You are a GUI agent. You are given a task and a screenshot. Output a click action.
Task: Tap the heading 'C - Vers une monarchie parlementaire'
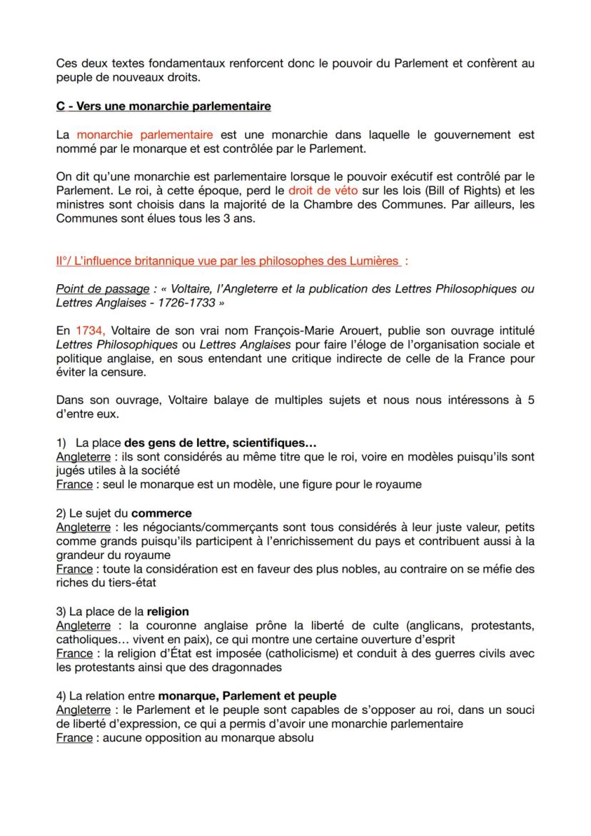click(x=163, y=106)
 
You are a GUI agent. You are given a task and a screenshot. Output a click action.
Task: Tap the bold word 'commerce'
click(x=161, y=513)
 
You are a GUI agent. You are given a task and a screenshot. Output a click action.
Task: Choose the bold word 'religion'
click(x=168, y=611)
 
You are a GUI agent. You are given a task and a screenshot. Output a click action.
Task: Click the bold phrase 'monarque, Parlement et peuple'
click(x=247, y=695)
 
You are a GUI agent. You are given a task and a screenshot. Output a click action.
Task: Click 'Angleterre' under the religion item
click(x=84, y=625)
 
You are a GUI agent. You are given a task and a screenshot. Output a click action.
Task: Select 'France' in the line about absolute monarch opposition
click(x=74, y=737)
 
